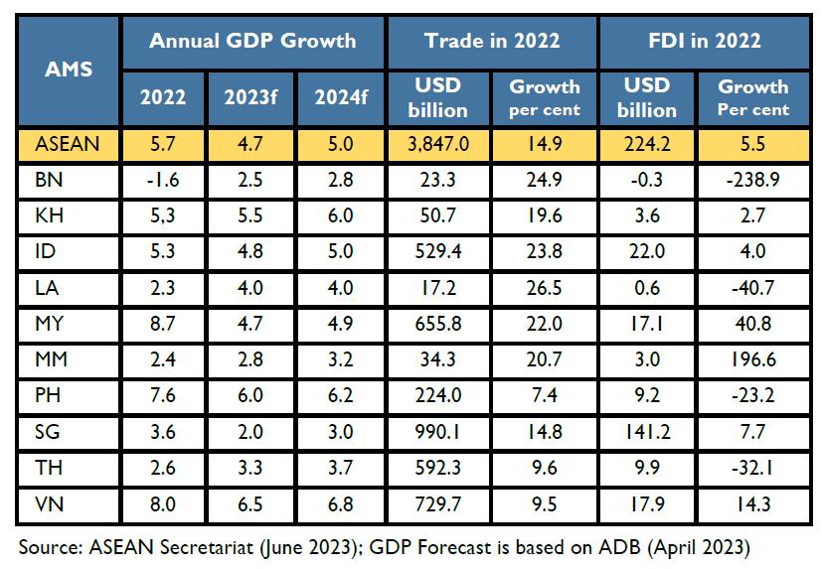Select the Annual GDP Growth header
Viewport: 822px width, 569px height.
pos(251,41)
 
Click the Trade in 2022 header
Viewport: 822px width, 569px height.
pos(491,41)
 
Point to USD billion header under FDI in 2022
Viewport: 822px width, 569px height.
pos(646,96)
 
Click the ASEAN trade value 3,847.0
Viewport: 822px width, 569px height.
pos(437,145)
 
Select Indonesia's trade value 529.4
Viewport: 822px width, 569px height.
pos(437,251)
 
